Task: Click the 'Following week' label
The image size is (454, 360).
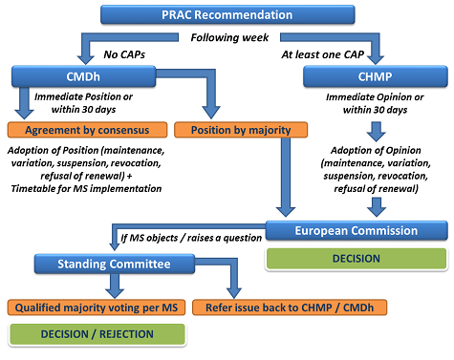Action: (227, 37)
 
